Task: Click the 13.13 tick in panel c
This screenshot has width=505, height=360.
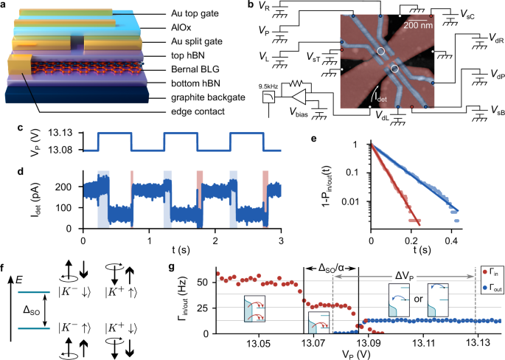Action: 59,134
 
